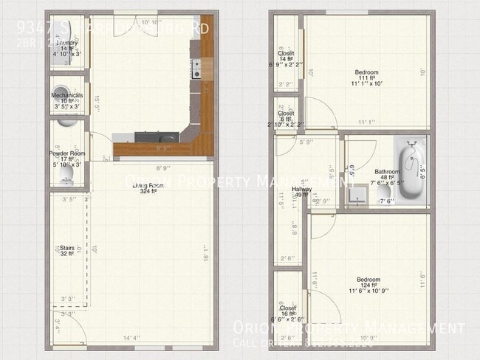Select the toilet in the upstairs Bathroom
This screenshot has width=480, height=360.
click(385, 194)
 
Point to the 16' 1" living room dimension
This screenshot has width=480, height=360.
click(203, 257)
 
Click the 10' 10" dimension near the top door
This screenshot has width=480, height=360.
click(151, 22)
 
